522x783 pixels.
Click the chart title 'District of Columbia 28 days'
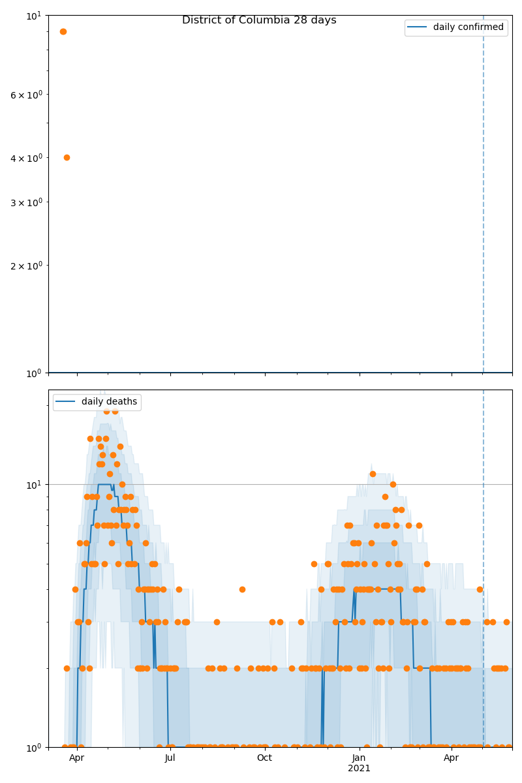[259, 20]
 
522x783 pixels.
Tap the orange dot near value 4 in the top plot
[67, 157]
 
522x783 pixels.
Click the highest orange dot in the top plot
[63, 31]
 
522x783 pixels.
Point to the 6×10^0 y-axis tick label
[26, 95]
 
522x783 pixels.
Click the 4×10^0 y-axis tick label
[26, 158]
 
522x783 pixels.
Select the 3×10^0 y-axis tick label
[26, 202]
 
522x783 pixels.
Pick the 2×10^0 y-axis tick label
[26, 266]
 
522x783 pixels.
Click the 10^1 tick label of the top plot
[34, 15]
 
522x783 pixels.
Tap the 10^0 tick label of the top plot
[34, 373]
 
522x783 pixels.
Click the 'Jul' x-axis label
[170, 758]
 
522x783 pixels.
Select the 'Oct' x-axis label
[264, 758]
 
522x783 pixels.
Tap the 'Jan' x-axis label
[359, 758]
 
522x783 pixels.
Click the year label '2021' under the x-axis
[359, 769]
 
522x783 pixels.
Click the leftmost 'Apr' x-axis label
[77, 758]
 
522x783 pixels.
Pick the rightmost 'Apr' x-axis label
[452, 758]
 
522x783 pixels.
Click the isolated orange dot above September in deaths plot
[242, 589]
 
